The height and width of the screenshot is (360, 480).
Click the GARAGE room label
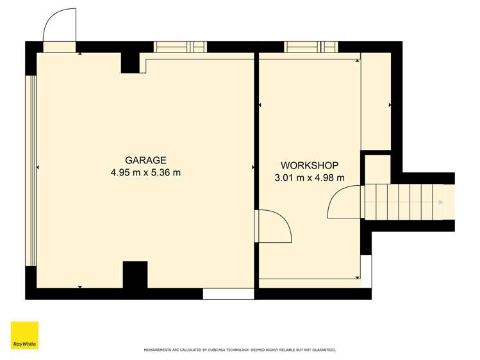pyautogui.click(x=145, y=160)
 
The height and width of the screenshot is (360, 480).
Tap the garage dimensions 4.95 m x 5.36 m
pyautogui.click(x=145, y=172)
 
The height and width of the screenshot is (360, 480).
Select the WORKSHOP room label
pyautogui.click(x=310, y=165)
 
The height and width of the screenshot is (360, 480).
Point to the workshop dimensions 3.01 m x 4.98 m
pyautogui.click(x=310, y=177)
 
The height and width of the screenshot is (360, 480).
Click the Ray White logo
pyautogui.click(x=24, y=336)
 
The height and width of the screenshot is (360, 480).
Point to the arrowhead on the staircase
pyautogui.click(x=440, y=202)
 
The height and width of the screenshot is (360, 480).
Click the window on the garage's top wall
pyautogui.click(x=180, y=47)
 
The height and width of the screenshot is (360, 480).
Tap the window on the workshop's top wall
pyautogui.click(x=311, y=47)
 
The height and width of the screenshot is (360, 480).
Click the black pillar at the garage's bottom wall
pyautogui.click(x=135, y=275)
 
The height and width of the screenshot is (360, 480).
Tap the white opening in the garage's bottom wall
pyautogui.click(x=228, y=294)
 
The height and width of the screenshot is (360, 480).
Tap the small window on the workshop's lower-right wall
pyautogui.click(x=366, y=269)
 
